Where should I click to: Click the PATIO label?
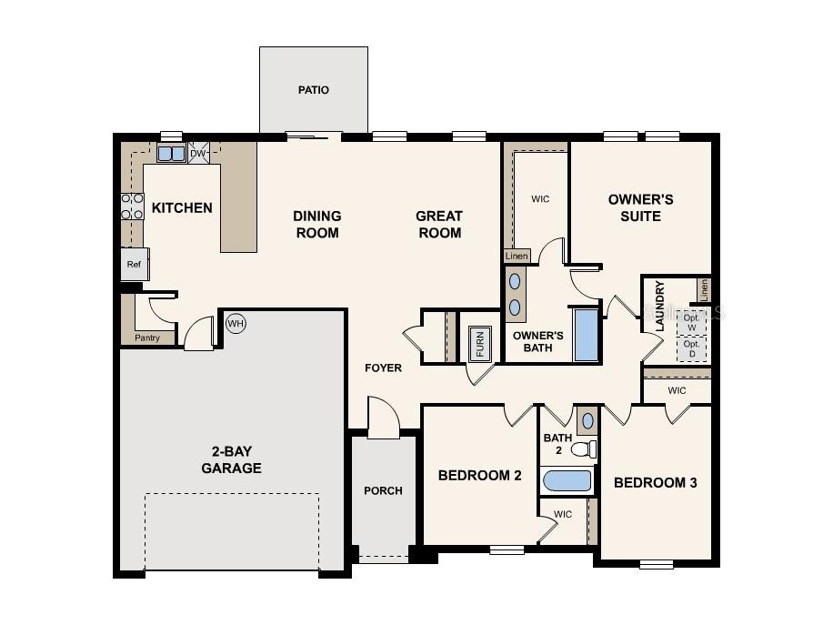pyautogui.click(x=313, y=90)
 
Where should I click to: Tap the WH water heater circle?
pyautogui.click(x=236, y=323)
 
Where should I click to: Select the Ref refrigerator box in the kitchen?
pyautogui.click(x=134, y=265)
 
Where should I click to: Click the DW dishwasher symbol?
pyautogui.click(x=198, y=153)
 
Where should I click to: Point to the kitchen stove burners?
pyautogui.click(x=133, y=207)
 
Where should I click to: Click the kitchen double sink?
pyautogui.click(x=171, y=153)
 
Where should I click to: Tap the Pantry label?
pyautogui.click(x=147, y=338)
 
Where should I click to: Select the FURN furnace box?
pyautogui.click(x=480, y=344)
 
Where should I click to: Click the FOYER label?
pyautogui.click(x=383, y=368)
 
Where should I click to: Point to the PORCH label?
pyautogui.click(x=383, y=490)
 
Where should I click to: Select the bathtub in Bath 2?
pyautogui.click(x=567, y=480)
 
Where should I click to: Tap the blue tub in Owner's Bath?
pyautogui.click(x=587, y=334)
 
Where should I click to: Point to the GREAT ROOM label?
pyautogui.click(x=439, y=224)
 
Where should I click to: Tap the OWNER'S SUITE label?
pyautogui.click(x=640, y=207)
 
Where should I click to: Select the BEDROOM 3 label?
pyautogui.click(x=655, y=482)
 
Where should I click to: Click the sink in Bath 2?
pyautogui.click(x=587, y=420)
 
